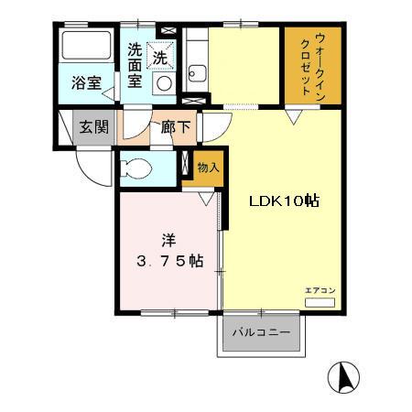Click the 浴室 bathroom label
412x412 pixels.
point(87,83)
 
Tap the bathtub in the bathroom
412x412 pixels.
point(87,45)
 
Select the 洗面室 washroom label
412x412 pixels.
point(135,65)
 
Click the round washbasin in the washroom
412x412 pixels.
point(164,83)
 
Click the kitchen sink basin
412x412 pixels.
point(197,73)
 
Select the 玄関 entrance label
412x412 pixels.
point(94,127)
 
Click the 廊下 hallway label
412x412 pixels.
point(176,126)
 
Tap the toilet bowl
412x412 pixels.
point(136,168)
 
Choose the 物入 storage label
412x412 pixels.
point(208,168)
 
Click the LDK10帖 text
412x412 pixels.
point(285,201)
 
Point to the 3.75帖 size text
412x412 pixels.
point(170,261)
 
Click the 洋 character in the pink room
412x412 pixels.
point(168,240)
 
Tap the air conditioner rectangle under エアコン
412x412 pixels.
point(320,303)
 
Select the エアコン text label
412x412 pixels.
point(320,290)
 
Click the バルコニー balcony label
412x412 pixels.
point(261,332)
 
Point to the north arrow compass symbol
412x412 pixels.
point(343,377)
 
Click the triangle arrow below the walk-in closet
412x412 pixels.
point(294,117)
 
